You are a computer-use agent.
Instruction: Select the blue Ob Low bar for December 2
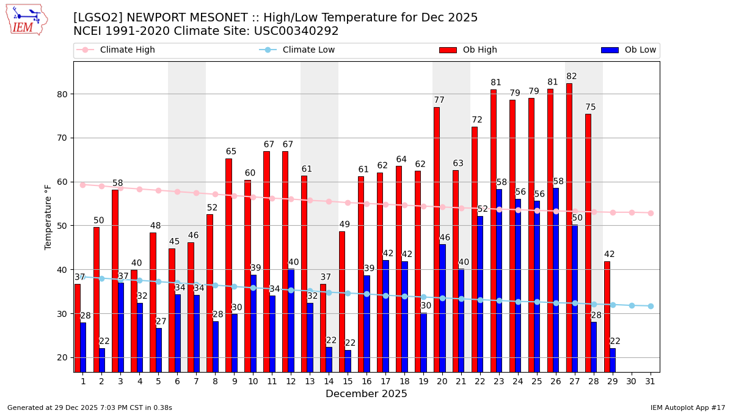point(102,360)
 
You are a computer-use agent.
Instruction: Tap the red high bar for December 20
point(437,239)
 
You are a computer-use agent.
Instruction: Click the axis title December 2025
point(366,394)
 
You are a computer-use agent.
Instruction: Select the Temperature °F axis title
point(49,217)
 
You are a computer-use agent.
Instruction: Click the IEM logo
point(26,20)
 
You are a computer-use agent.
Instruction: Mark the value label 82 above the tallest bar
point(572,76)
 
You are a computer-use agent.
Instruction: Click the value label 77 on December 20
point(439,100)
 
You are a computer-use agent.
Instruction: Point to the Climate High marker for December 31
point(651,213)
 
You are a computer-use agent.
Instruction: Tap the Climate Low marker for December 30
point(632,305)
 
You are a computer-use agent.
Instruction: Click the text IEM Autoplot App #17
point(688,407)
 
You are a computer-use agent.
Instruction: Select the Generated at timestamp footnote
point(90,407)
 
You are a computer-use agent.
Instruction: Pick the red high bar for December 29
point(607,316)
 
